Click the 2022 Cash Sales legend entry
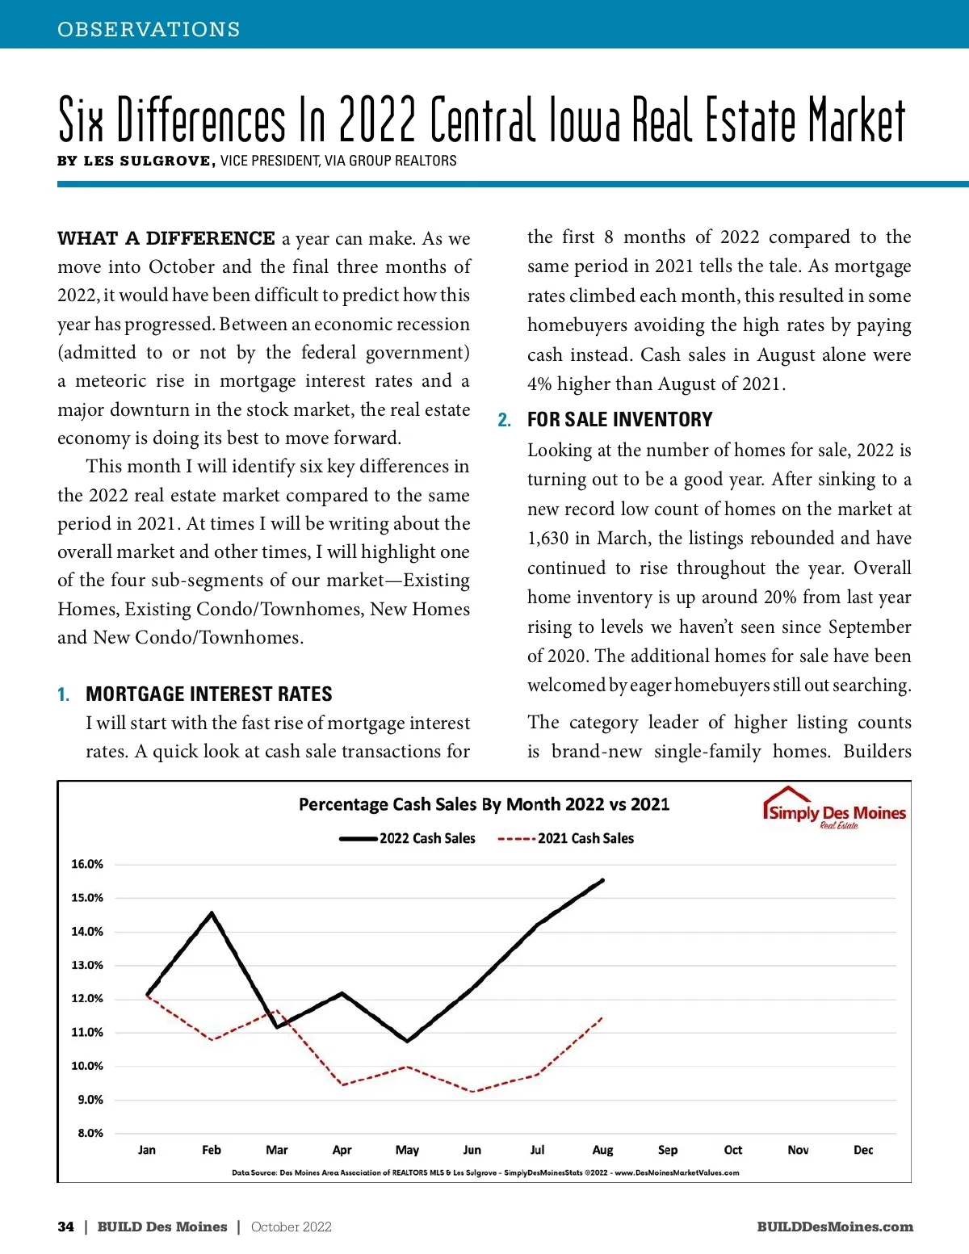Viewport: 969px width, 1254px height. (x=408, y=838)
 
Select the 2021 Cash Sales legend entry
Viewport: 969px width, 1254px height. (x=566, y=838)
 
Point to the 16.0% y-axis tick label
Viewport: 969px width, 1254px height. (x=87, y=864)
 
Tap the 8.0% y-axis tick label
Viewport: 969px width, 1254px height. (x=90, y=1133)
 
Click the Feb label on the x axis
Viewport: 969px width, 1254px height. (x=212, y=1150)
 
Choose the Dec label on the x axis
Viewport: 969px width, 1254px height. (x=863, y=1150)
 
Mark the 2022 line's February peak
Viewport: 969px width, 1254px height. (x=212, y=913)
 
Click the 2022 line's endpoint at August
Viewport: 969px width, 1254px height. (x=602, y=880)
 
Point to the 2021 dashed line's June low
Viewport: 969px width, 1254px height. (x=472, y=1092)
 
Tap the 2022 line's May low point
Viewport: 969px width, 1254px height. (x=407, y=1041)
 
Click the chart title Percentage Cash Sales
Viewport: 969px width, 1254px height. (x=484, y=804)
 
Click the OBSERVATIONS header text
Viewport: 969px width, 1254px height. (x=149, y=29)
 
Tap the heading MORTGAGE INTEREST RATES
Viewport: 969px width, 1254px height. (x=208, y=694)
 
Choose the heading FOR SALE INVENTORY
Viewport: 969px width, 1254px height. (x=619, y=420)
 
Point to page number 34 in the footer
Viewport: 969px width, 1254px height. (x=65, y=1227)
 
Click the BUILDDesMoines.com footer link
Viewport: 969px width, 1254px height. (x=835, y=1227)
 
